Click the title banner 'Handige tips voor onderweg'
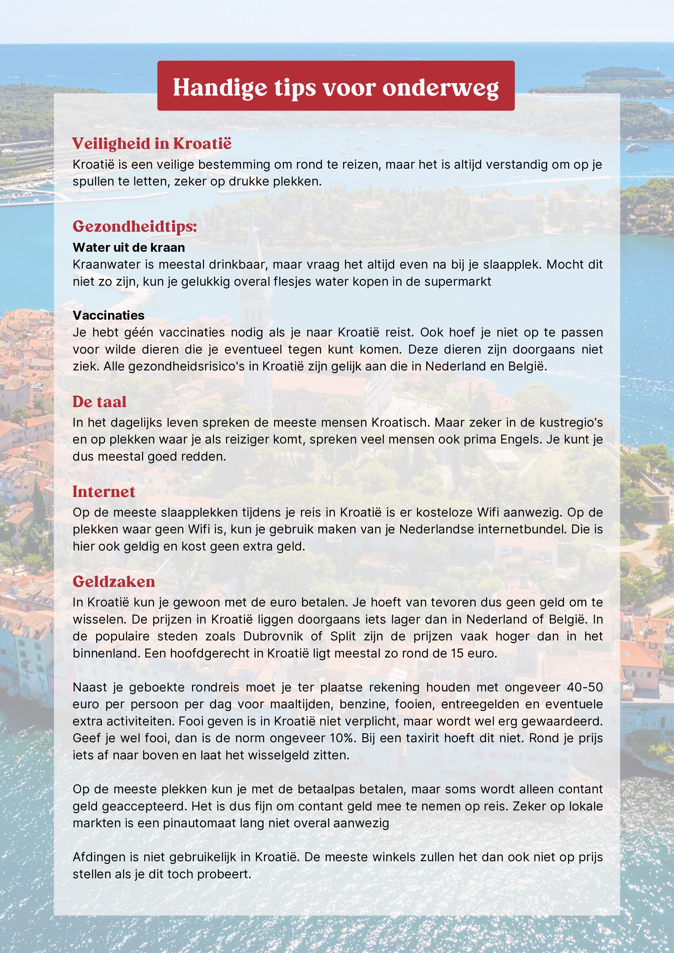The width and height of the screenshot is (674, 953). [x=336, y=87]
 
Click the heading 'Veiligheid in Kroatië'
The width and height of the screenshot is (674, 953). [x=152, y=144]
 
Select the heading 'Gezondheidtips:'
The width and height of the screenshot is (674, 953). [x=134, y=227]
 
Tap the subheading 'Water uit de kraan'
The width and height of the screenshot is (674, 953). [x=129, y=247]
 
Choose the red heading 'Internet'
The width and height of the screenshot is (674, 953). [x=104, y=492]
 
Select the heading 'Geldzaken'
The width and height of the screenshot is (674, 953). [x=114, y=581]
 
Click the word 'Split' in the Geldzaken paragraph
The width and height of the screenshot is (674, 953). [x=343, y=636]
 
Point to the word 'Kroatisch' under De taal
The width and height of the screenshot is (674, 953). [x=401, y=423]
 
